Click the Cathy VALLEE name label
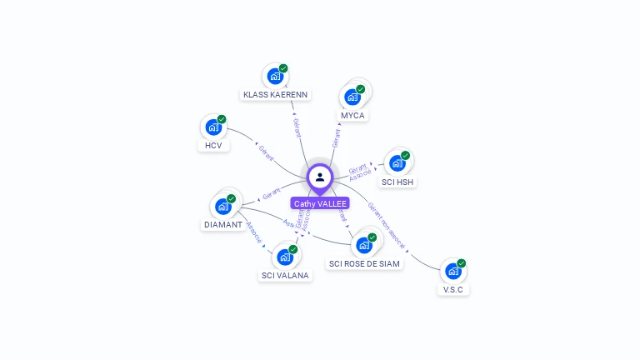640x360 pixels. click(x=320, y=203)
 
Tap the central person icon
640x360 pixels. click(x=320, y=177)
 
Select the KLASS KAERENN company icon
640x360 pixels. click(x=275, y=77)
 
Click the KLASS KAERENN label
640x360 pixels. click(x=276, y=95)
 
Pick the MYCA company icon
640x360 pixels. click(x=352, y=97)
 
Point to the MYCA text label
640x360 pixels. click(x=352, y=115)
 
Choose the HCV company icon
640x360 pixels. click(x=213, y=127)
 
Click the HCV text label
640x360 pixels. click(x=213, y=146)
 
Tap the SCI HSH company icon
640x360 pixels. click(x=397, y=163)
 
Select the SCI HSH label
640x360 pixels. click(x=397, y=182)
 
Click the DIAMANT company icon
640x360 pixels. click(x=223, y=207)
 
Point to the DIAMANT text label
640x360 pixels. click(x=223, y=225)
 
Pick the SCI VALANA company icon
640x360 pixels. click(x=285, y=257)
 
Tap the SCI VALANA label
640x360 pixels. click(x=285, y=275)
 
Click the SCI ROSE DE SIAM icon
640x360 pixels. click(x=364, y=245)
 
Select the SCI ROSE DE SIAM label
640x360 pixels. click(x=364, y=263)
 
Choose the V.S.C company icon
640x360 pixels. click(x=452, y=271)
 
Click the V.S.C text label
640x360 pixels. click(x=452, y=290)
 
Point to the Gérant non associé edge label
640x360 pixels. click(x=387, y=226)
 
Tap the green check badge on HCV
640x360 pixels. click(x=222, y=119)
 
